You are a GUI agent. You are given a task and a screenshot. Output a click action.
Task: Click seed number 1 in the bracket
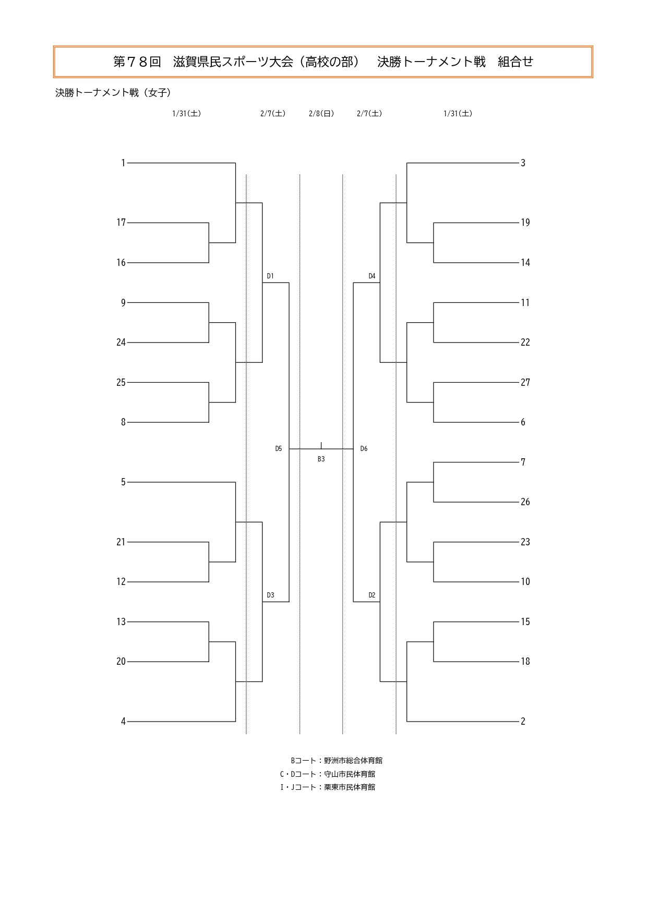(123, 163)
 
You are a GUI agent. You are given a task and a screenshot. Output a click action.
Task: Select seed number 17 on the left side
(121, 223)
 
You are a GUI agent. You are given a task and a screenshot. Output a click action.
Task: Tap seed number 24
(121, 343)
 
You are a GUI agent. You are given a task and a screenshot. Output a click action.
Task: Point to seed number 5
(123, 482)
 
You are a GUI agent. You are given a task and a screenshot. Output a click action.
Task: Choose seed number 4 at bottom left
(123, 722)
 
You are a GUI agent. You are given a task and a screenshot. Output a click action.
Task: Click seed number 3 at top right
(523, 163)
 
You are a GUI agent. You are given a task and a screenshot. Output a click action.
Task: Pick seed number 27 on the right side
(525, 383)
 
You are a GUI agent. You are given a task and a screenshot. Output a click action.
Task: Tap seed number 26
(525, 502)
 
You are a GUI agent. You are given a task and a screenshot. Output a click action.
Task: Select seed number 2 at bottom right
(523, 722)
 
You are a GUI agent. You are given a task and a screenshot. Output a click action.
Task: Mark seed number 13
(121, 622)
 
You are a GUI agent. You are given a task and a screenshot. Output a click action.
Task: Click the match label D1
(270, 276)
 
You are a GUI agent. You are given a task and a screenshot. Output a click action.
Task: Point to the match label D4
(372, 276)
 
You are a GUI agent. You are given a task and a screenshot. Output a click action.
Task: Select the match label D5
(279, 449)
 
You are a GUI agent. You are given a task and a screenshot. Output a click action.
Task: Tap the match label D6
(364, 449)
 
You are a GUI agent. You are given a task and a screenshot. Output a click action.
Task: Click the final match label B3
(321, 459)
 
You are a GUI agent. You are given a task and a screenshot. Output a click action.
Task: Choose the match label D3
(270, 595)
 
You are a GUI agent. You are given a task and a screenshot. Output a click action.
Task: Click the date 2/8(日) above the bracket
(321, 114)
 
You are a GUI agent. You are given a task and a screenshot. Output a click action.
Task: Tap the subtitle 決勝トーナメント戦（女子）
(113, 93)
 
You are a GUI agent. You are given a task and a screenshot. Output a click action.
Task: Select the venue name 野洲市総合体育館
(353, 761)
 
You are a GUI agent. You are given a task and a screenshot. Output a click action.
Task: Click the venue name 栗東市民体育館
(350, 787)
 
